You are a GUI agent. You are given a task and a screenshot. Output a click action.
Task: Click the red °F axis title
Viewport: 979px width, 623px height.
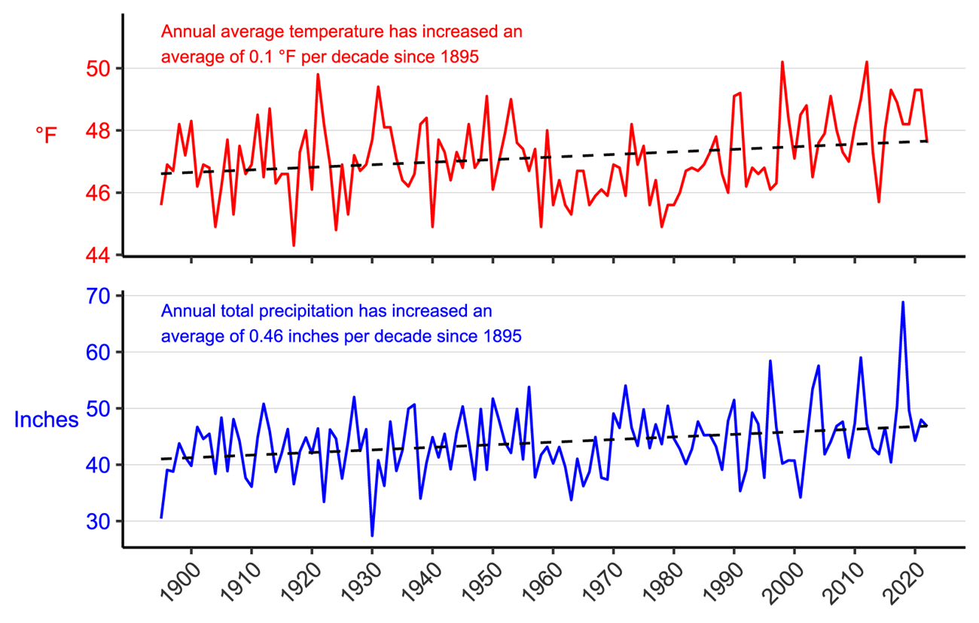[46, 135]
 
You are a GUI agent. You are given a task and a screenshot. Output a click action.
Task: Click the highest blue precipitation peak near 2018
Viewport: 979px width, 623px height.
[903, 302]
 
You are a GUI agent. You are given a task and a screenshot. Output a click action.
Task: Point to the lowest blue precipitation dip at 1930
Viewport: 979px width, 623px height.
[372, 535]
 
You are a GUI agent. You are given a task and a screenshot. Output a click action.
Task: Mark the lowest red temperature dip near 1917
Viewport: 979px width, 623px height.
[294, 245]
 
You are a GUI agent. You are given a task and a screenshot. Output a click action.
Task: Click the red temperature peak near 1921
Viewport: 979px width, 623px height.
[318, 75]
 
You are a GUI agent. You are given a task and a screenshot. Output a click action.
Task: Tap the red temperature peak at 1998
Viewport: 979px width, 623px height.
[782, 63]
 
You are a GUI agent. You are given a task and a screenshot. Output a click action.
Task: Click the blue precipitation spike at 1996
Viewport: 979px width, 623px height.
[770, 362]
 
